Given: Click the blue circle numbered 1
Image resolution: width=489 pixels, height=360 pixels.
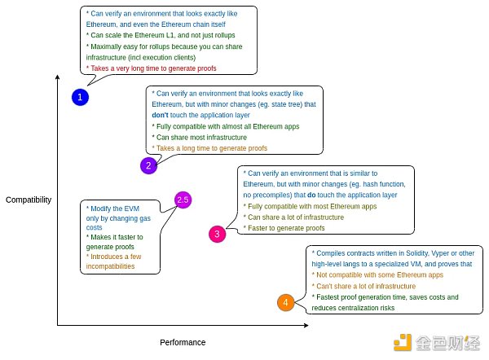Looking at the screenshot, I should coord(79,97).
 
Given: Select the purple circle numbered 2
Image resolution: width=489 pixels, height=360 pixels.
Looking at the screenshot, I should coord(148,165).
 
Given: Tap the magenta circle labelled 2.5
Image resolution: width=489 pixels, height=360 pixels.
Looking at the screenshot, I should coord(183,200).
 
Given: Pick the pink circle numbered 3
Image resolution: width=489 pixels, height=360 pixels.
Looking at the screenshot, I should coord(216,234).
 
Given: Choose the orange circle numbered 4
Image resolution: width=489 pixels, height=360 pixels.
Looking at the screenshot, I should coord(284,303).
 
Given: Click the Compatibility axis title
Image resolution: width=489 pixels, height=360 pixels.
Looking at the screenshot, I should coord(29,200).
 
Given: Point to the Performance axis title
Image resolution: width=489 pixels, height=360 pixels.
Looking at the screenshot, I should coord(183,342).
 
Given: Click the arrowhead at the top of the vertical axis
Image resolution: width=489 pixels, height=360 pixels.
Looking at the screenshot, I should coord(57,77).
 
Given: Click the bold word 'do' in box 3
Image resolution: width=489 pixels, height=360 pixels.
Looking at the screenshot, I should coord(311,195).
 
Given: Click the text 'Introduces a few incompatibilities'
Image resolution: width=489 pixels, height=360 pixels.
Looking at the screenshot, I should coord(115,261).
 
